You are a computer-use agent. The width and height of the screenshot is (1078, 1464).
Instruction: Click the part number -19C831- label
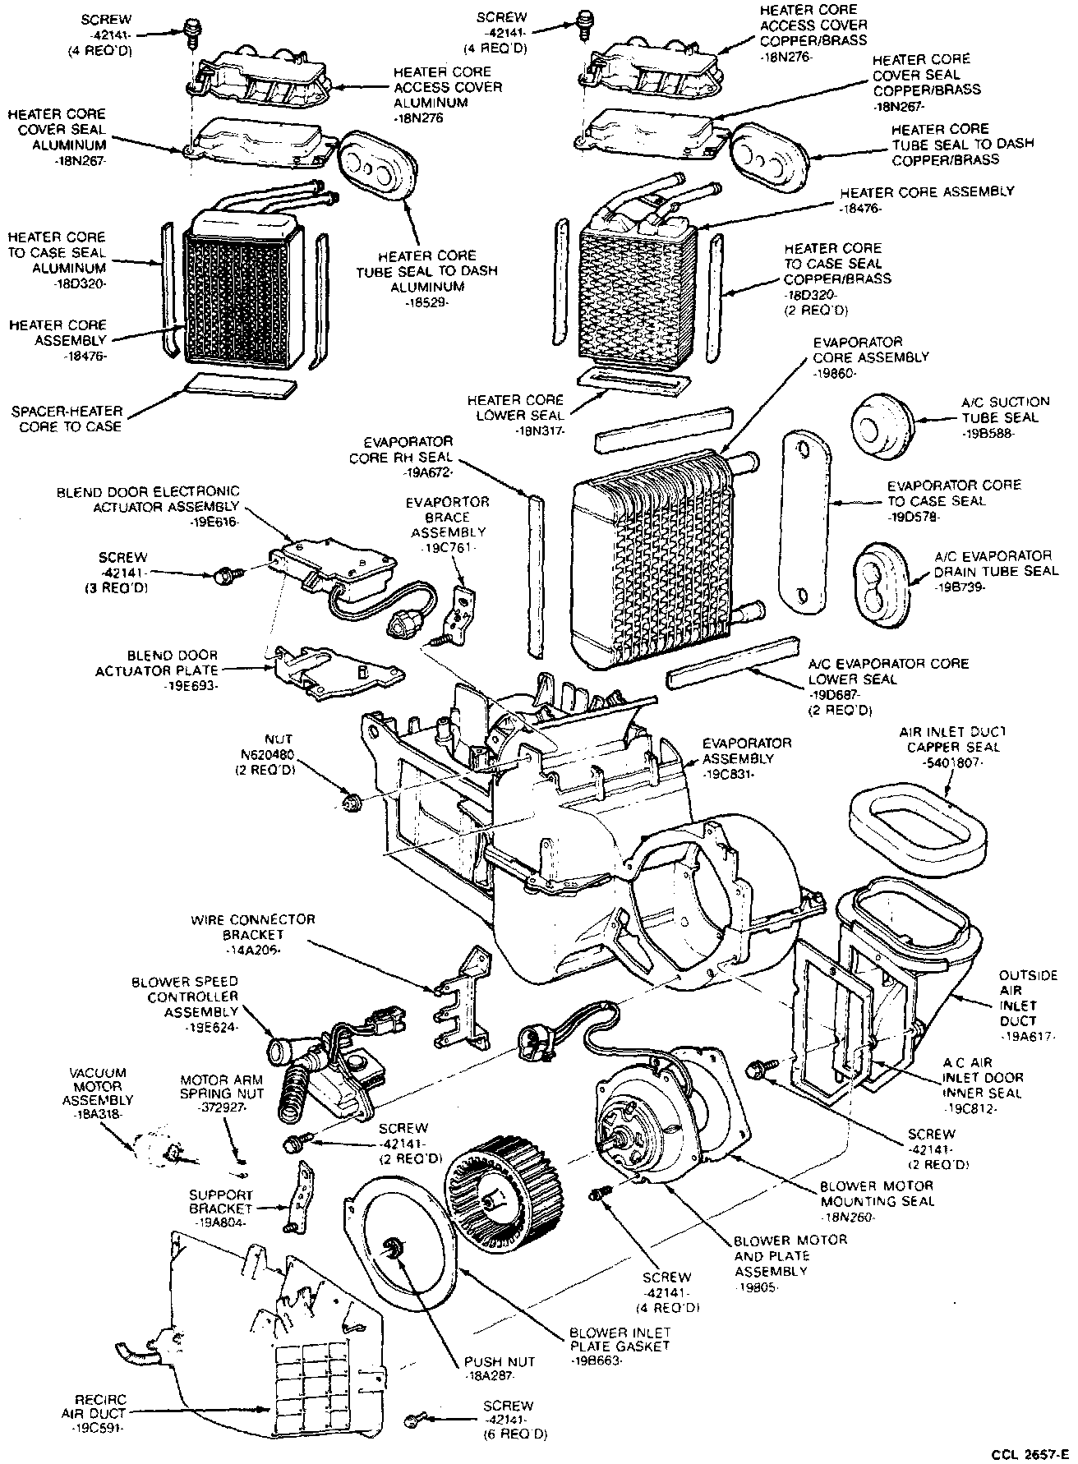coord(734,775)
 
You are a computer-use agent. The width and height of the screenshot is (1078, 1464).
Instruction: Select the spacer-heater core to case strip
coord(241,384)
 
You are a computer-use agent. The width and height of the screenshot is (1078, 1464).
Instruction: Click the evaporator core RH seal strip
coord(535,575)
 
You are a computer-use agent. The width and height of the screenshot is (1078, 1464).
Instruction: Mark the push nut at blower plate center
coord(395,1251)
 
